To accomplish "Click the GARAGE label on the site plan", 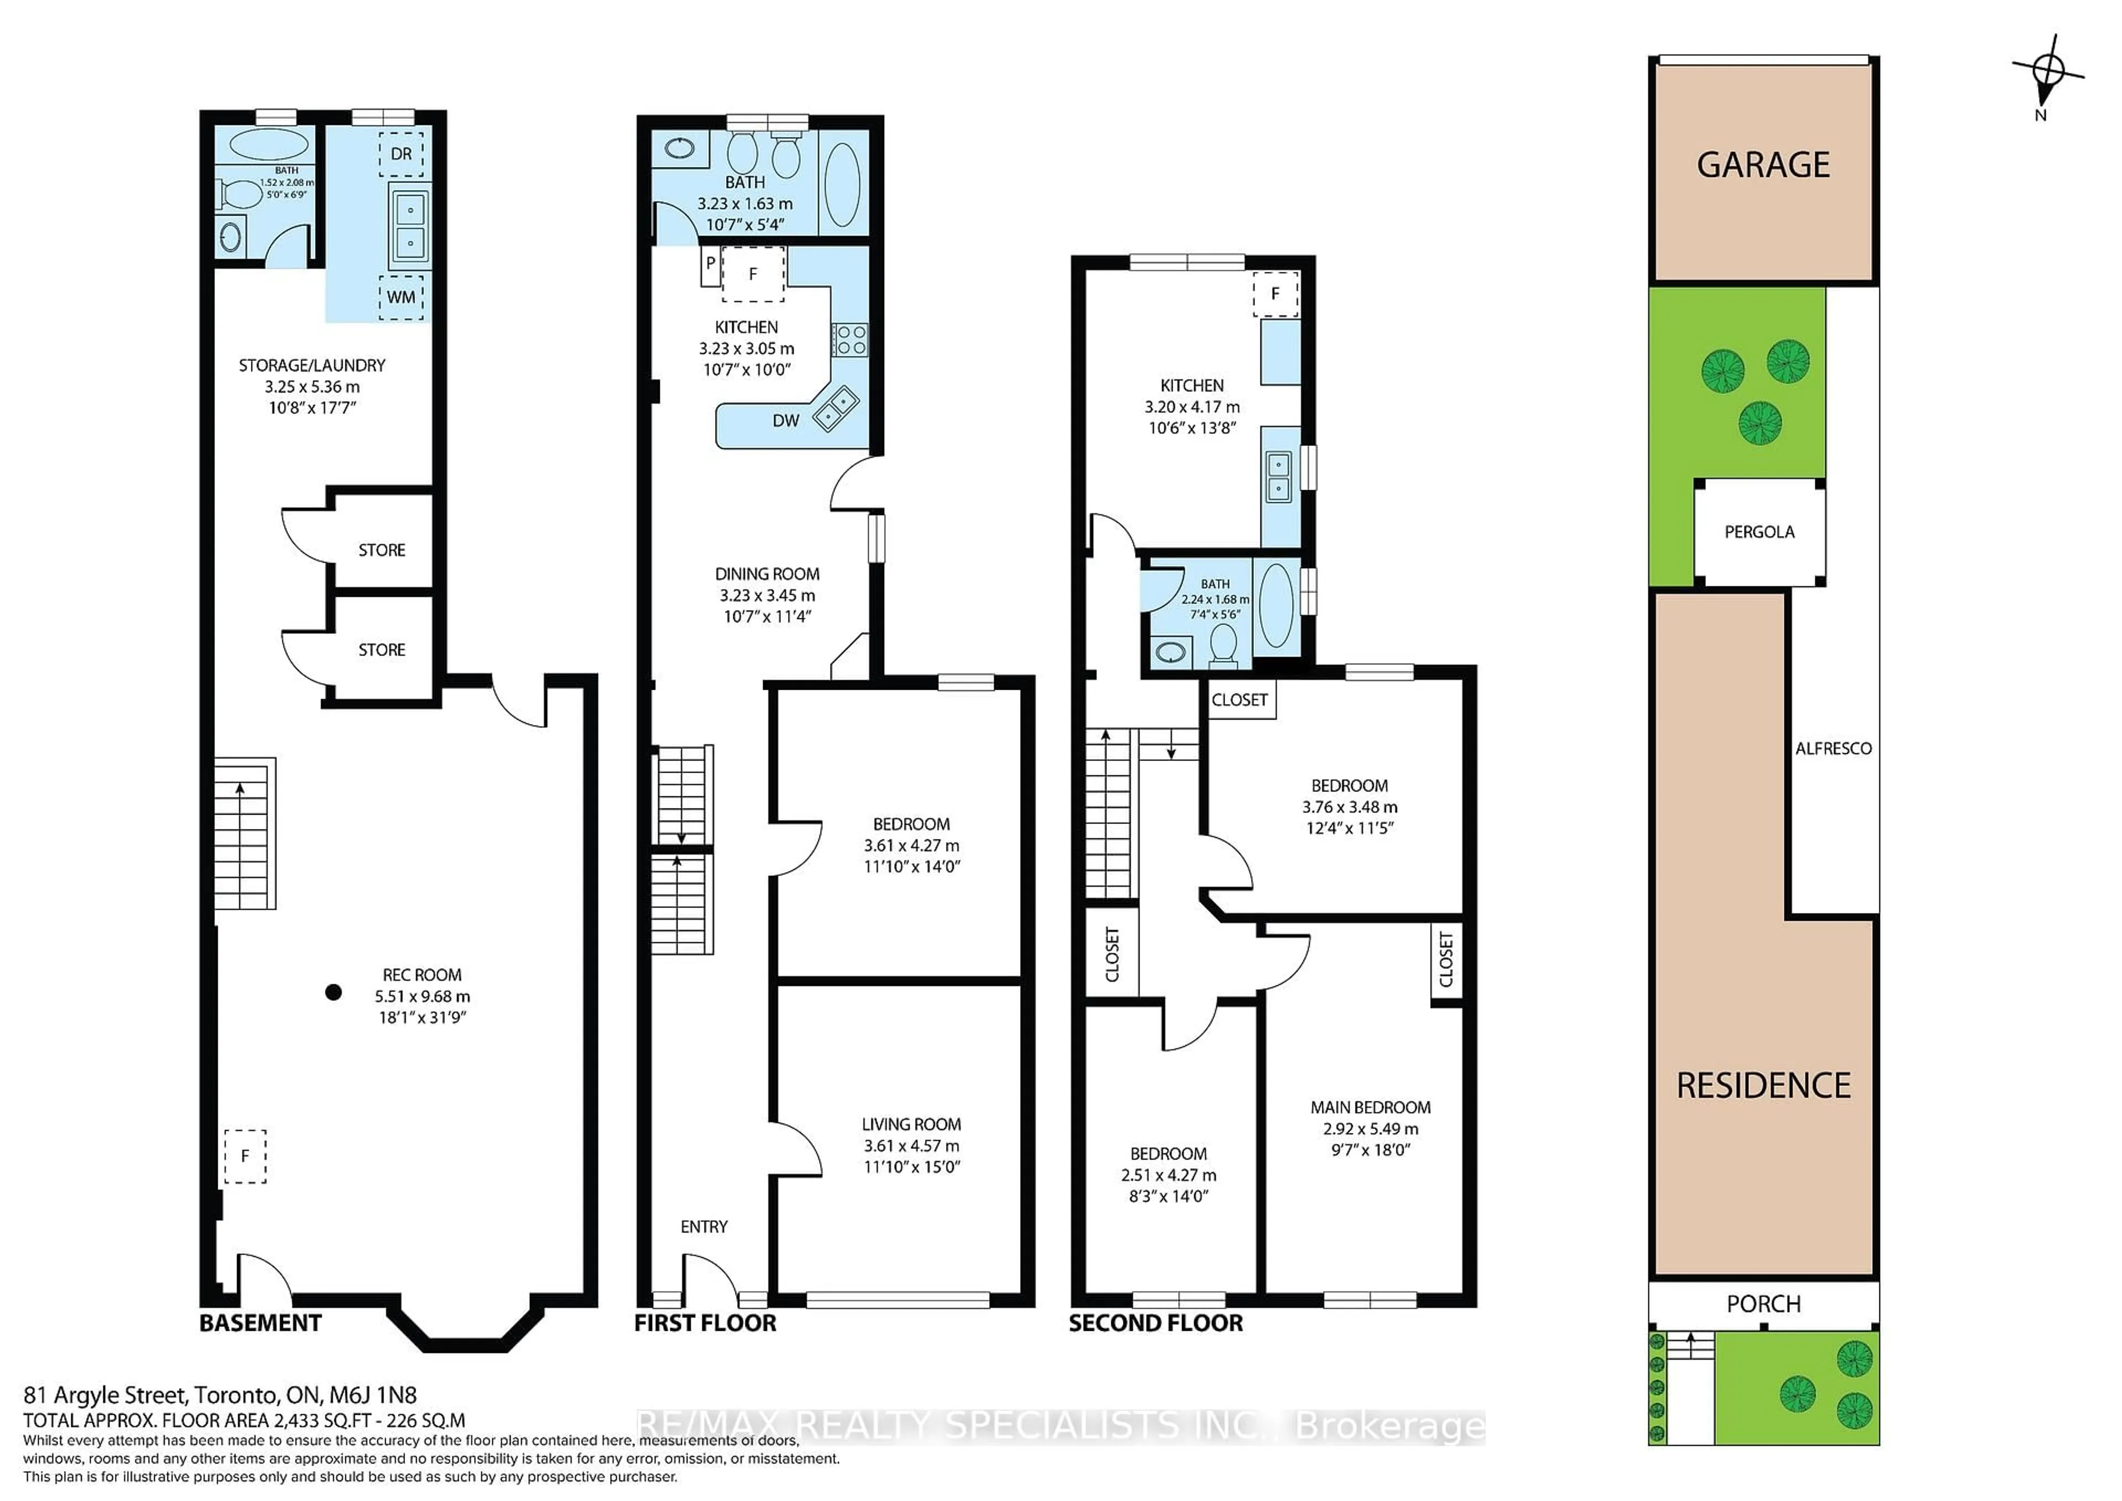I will click(1762, 165).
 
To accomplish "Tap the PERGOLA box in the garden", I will click(1759, 532).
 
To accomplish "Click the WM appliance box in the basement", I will click(401, 297).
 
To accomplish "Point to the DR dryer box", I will click(401, 154).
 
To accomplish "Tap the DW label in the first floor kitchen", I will click(786, 421).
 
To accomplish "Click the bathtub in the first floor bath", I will click(842, 184).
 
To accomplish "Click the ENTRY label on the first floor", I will click(703, 1226).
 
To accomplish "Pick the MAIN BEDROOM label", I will click(1370, 1108).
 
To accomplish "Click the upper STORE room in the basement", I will click(382, 550).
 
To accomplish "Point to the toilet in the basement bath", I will click(242, 195).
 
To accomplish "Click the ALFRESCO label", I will click(1833, 749).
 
